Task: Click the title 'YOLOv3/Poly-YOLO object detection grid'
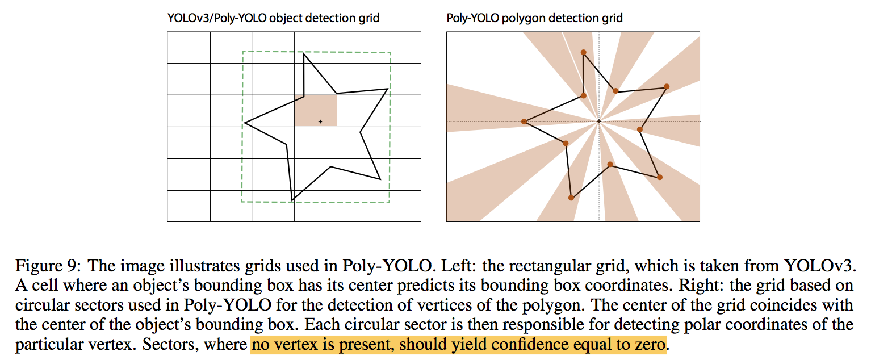point(273,18)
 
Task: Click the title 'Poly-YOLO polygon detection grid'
point(535,18)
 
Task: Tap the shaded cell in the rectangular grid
point(315,110)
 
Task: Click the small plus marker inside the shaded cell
point(320,122)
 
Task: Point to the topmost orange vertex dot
point(583,52)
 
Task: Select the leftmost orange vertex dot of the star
point(524,122)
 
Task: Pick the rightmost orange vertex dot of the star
point(667,86)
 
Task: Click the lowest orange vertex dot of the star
point(571,198)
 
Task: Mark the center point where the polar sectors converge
point(599,122)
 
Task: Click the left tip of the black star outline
point(244,123)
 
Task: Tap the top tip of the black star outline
point(304,53)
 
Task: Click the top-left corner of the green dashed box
point(242,52)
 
